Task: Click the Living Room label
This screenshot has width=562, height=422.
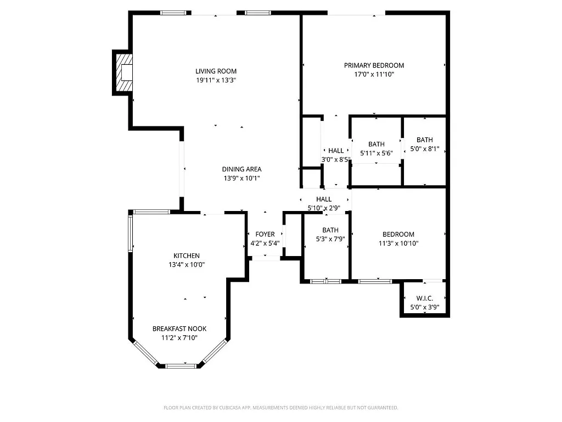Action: tap(216, 71)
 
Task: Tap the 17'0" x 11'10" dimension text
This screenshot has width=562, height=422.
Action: tap(374, 74)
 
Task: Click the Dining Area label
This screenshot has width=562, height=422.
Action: tap(241, 169)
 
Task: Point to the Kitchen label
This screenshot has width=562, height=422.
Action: tap(187, 256)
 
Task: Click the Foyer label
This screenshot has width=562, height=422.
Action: tap(265, 235)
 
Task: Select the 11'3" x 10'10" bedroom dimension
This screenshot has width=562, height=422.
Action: tap(398, 243)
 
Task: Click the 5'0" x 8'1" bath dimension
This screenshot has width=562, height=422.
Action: tap(425, 149)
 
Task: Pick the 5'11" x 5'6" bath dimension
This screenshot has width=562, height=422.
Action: tap(376, 153)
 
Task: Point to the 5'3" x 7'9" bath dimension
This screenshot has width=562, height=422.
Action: tap(330, 239)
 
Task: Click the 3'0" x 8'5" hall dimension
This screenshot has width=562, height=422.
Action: tap(336, 160)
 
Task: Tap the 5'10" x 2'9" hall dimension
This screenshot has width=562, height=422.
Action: tap(324, 208)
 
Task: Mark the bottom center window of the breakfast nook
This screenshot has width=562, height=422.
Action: tap(181, 365)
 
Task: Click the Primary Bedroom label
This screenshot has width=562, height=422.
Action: tap(374, 65)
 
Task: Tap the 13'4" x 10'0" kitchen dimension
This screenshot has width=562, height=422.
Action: tap(187, 265)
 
